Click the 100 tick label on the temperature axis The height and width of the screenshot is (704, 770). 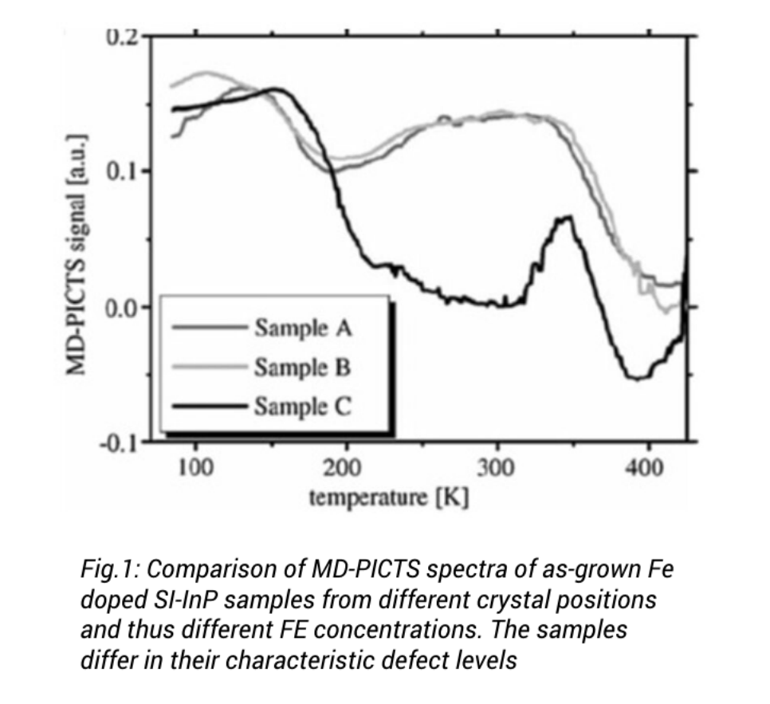[194, 467]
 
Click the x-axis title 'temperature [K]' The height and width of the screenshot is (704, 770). [389, 498]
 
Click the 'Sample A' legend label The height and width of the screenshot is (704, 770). [303, 327]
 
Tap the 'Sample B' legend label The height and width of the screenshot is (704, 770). [303, 368]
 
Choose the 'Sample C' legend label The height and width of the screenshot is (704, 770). [303, 407]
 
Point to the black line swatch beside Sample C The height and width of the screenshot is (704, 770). [207, 407]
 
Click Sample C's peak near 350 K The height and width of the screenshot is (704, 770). [567, 217]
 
